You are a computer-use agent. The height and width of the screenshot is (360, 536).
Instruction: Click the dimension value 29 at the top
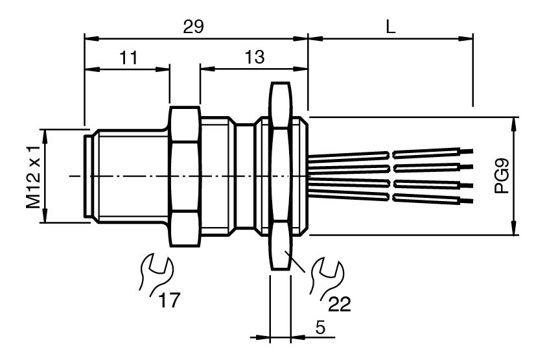click(x=193, y=27)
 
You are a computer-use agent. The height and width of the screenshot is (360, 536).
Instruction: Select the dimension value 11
click(x=128, y=58)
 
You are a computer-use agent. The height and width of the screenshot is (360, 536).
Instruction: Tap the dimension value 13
click(x=255, y=57)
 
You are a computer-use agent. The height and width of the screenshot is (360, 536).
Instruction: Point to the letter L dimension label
click(x=390, y=27)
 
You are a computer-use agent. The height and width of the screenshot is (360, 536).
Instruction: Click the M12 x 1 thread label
click(x=34, y=176)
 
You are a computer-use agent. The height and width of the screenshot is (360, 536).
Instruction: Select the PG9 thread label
click(x=502, y=176)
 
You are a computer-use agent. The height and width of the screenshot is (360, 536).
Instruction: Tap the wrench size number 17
click(x=169, y=300)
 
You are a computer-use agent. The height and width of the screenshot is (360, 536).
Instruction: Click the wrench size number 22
click(x=340, y=304)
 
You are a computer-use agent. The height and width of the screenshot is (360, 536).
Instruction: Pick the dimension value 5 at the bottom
click(x=320, y=328)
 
